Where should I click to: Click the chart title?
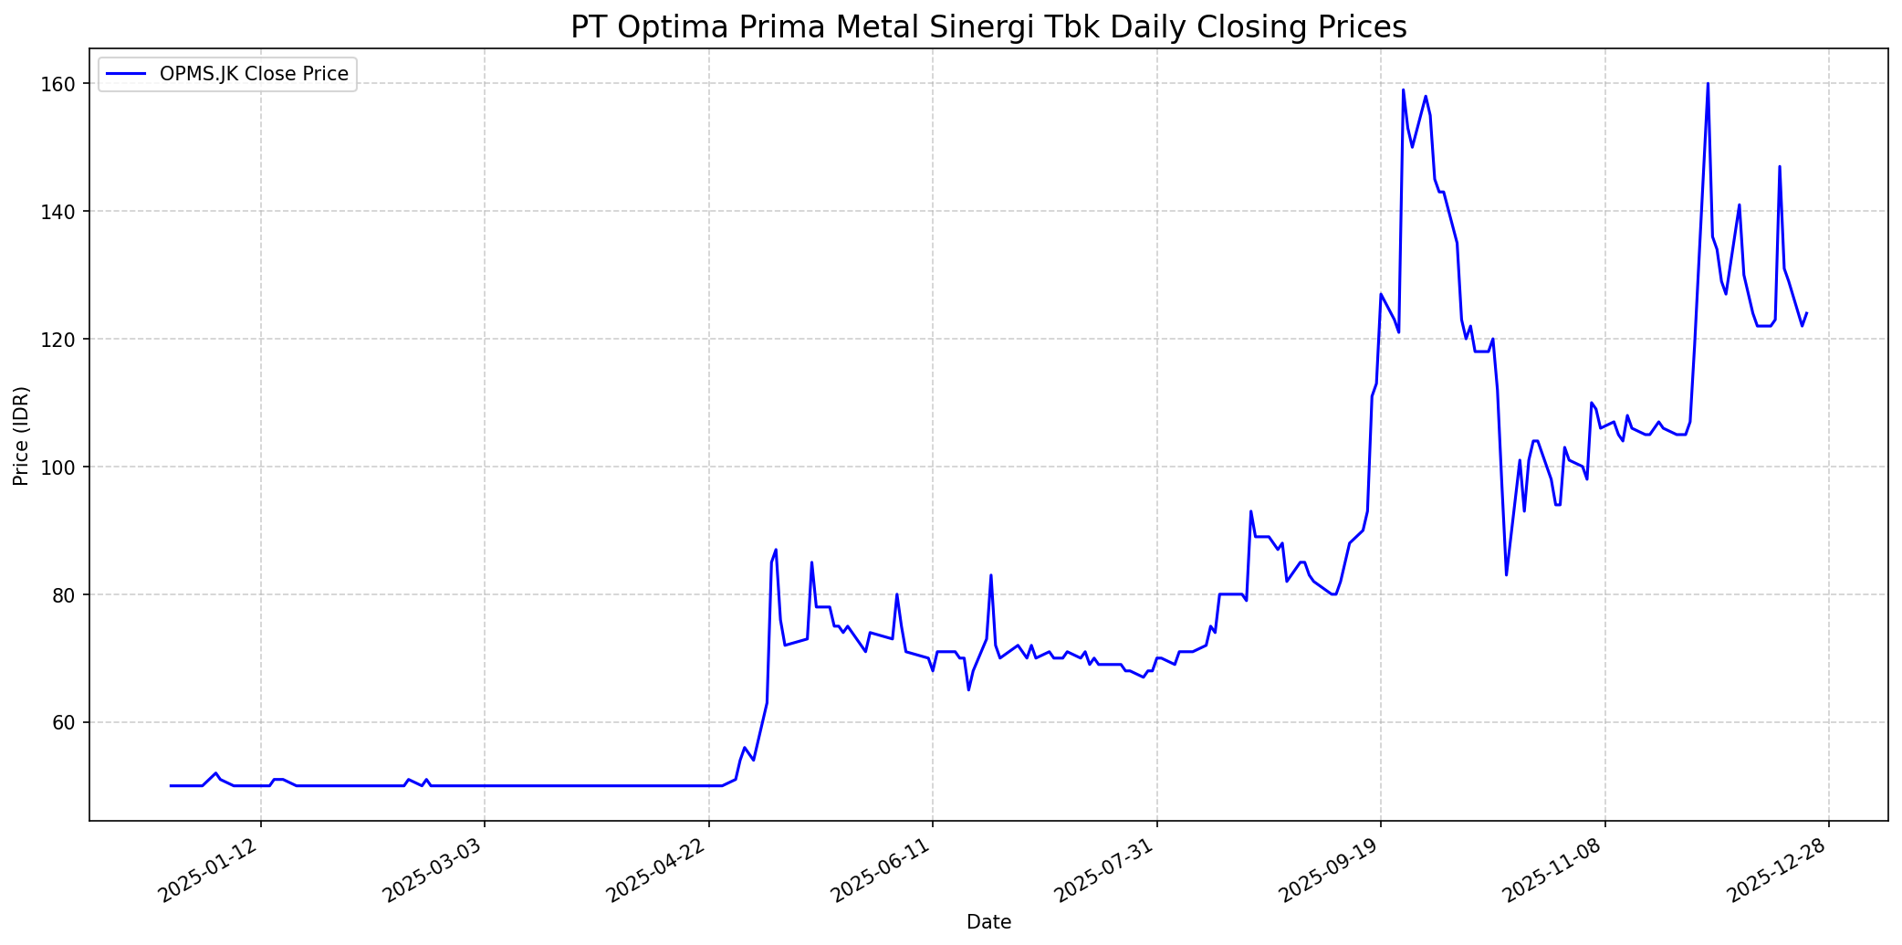(988, 27)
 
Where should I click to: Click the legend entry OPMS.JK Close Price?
(254, 74)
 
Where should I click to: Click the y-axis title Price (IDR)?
(21, 436)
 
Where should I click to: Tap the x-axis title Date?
(988, 923)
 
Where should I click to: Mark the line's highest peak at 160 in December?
(1708, 84)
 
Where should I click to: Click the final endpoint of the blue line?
(1806, 313)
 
